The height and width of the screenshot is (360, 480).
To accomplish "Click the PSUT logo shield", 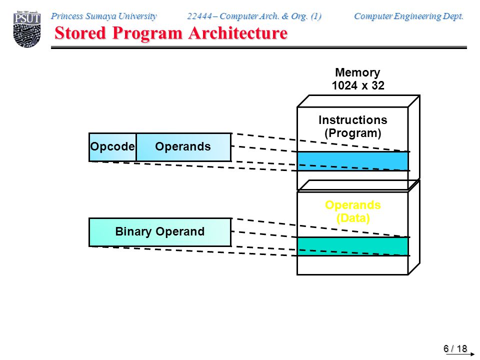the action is click(x=27, y=29).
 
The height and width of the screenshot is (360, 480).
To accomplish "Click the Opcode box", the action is click(x=112, y=147).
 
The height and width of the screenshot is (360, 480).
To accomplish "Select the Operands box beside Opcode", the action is click(x=183, y=147).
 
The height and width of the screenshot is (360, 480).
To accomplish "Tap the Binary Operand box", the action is click(x=160, y=232).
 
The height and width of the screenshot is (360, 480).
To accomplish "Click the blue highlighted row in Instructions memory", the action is click(x=352, y=161).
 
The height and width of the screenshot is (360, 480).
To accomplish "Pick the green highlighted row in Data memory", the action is click(x=352, y=246).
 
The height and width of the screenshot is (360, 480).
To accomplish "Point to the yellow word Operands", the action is click(x=352, y=205).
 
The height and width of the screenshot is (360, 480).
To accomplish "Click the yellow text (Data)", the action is click(x=353, y=218).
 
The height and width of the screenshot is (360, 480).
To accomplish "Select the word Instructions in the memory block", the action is click(x=352, y=119).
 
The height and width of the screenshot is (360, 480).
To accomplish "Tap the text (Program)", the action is click(x=352, y=133).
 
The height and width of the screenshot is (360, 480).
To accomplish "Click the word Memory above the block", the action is click(x=357, y=72).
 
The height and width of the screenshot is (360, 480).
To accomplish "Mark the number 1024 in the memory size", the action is click(x=344, y=85).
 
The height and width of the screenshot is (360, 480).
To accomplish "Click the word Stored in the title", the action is click(x=80, y=33).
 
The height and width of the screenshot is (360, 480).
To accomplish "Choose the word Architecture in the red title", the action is click(x=238, y=33).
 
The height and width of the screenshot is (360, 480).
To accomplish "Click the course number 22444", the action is click(x=199, y=16).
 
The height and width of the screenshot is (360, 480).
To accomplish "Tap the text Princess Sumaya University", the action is click(x=104, y=16).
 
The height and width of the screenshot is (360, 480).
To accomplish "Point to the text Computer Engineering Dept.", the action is click(x=408, y=16).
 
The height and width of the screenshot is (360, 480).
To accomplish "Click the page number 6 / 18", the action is click(x=455, y=348).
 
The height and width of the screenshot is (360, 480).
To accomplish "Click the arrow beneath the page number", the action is click(x=460, y=354).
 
